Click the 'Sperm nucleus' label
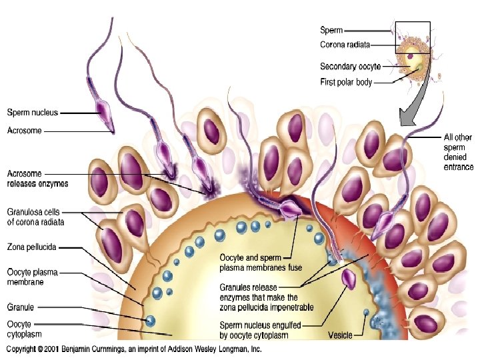coord(32,113)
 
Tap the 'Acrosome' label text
coord(24,131)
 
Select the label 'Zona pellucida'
coord(31,247)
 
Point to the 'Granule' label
coord(20,307)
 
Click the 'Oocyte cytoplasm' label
coord(25,328)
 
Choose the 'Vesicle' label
coord(340,335)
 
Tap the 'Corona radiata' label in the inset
coord(345,45)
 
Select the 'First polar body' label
coord(346,83)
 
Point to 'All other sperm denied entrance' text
coord(458,152)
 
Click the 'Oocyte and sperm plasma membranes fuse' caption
coord(261,263)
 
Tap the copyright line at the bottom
coord(134,349)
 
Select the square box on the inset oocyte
coord(412,37)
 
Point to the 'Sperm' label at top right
coord(331,29)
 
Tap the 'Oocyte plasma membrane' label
coord(35,277)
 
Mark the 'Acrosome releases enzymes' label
coord(37,179)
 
